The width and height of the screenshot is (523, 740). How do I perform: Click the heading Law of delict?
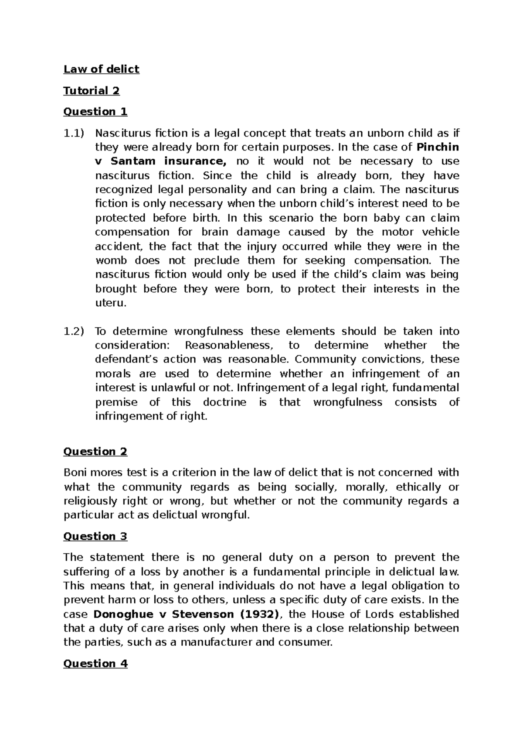coord(101,69)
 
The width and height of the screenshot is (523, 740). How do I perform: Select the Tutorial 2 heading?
coord(91,90)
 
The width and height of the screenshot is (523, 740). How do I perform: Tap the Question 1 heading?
coord(95,112)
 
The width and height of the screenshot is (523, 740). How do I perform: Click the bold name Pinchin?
coord(438,147)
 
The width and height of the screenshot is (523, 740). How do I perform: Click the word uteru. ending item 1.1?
coord(111,303)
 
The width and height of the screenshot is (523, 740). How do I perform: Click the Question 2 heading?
coord(95,452)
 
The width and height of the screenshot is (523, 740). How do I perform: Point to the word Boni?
coord(75,473)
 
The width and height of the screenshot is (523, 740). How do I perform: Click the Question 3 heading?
coord(95,536)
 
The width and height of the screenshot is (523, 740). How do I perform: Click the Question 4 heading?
coord(95,664)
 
